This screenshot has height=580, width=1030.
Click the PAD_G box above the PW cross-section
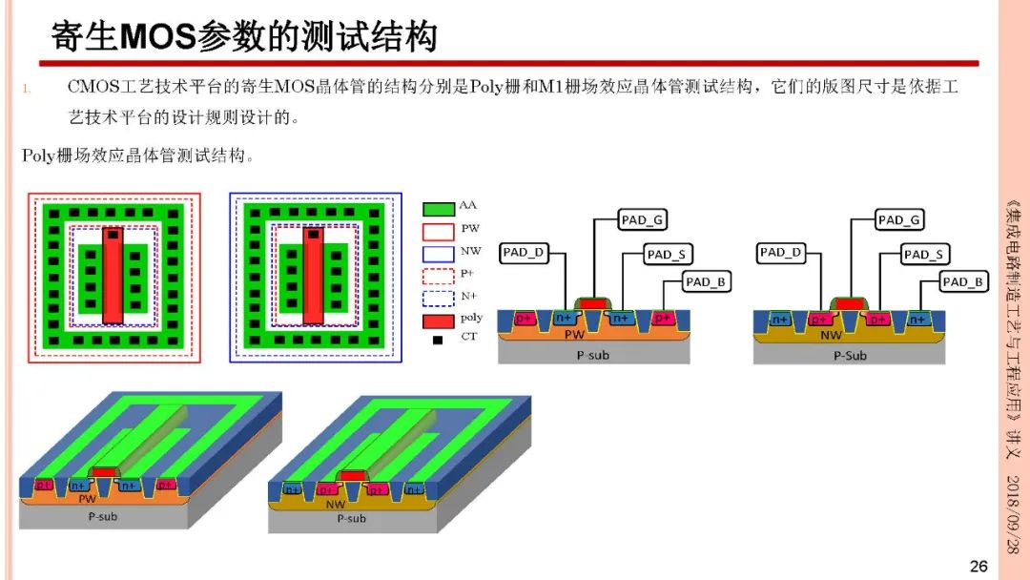[643, 220]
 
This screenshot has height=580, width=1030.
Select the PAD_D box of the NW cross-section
[780, 253]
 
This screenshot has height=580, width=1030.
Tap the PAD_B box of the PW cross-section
[706, 281]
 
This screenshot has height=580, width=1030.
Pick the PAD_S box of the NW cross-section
[924, 254]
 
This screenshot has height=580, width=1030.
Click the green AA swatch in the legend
[438, 209]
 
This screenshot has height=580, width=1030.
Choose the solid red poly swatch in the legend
[438, 321]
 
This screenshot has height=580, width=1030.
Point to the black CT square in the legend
[438, 340]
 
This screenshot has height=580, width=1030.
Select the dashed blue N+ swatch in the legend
[438, 299]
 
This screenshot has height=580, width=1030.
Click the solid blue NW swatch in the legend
[438, 254]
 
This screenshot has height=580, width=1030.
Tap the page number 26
[978, 567]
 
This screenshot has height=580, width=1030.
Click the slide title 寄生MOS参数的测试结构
[244, 35]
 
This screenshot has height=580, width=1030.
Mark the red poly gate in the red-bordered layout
[113, 276]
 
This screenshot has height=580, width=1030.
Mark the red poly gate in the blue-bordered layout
[314, 276]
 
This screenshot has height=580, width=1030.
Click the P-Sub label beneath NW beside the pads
[850, 356]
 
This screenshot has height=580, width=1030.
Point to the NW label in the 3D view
[336, 504]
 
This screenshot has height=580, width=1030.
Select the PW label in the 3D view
[88, 499]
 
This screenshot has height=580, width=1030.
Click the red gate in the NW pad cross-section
[850, 303]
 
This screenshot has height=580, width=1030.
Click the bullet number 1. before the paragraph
[27, 89]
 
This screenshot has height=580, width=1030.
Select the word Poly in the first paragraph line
[486, 87]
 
